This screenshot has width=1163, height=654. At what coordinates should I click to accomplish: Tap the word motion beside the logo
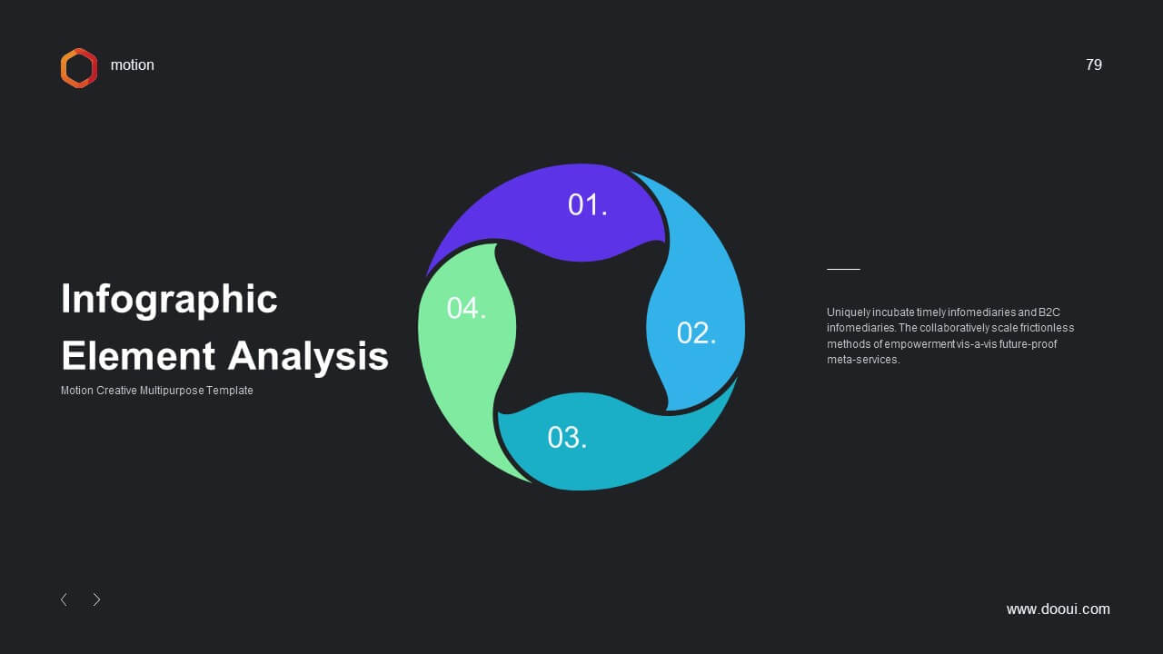[x=133, y=64]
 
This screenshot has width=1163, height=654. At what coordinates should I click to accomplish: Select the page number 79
[x=1093, y=64]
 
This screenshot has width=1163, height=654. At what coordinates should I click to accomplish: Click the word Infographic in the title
[x=169, y=300]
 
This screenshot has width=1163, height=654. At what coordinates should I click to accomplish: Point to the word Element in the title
[x=138, y=356]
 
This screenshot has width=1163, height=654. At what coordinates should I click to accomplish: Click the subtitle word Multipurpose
[x=172, y=391]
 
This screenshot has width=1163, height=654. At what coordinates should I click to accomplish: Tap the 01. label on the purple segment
[x=587, y=204]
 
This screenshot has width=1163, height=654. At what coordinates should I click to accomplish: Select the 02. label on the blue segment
[x=696, y=332]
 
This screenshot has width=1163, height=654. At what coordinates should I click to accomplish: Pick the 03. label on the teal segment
[x=567, y=438]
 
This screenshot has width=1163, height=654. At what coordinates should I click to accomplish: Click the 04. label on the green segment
[x=466, y=308]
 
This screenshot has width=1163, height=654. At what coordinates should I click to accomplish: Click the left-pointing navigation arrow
[x=64, y=599]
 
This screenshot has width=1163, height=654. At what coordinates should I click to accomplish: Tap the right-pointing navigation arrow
[x=96, y=599]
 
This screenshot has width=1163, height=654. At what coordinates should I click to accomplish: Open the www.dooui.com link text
[x=1059, y=609]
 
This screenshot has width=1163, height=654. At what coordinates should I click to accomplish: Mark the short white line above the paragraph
[x=843, y=270]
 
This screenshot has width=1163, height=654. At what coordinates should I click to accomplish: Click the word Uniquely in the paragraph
[x=849, y=312]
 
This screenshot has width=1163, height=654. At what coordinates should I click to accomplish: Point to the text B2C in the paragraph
[x=1049, y=312]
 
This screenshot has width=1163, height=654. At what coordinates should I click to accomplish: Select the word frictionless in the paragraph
[x=1047, y=328]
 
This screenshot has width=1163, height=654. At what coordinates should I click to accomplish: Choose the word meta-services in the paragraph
[x=863, y=360]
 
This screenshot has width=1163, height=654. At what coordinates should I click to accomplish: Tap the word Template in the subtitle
[x=230, y=391]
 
